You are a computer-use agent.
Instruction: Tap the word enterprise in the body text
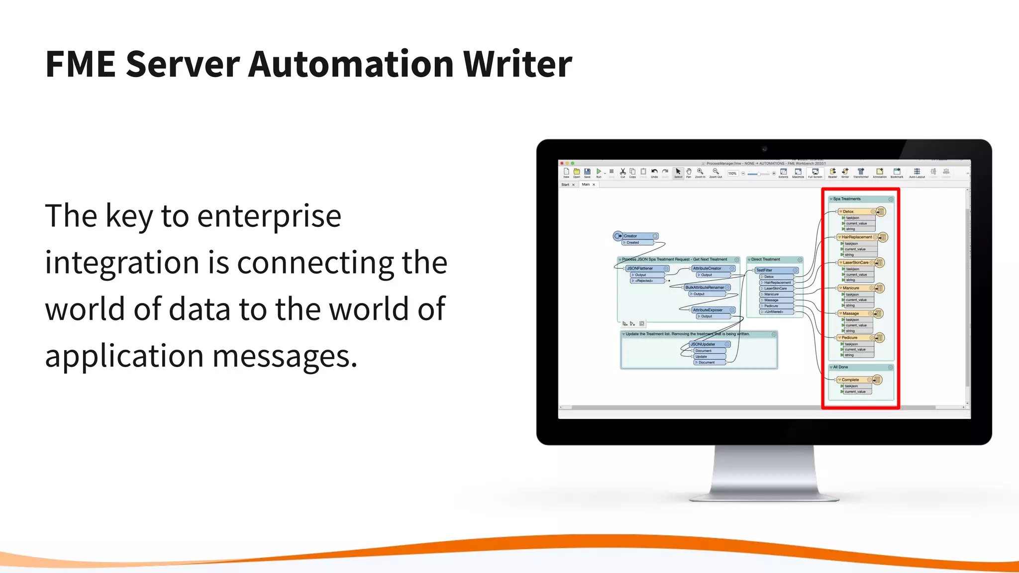coord(269,216)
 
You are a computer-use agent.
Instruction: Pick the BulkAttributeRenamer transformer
coord(705,287)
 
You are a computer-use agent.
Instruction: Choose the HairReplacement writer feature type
coord(856,237)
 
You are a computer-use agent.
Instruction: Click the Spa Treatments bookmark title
coord(847,199)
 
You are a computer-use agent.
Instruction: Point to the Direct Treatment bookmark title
coord(766,260)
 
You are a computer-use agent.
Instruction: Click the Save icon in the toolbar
coord(587,172)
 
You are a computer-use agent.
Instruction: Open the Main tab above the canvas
coord(586,185)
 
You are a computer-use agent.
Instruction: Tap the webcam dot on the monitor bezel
coord(764,149)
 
